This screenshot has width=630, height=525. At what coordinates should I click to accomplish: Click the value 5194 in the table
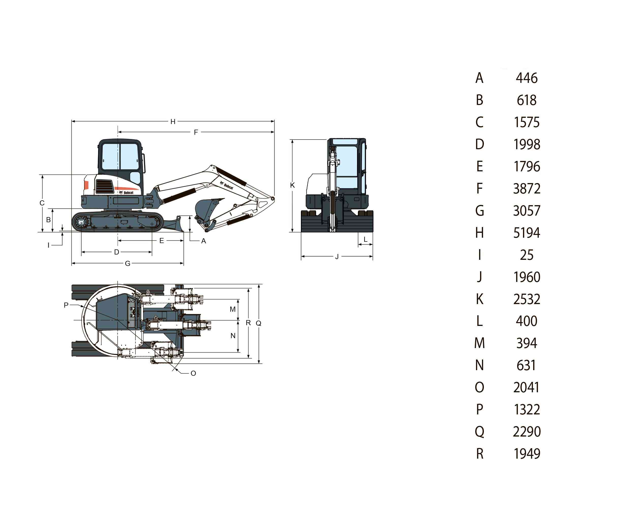[x=527, y=233]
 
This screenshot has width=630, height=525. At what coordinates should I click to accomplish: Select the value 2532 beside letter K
[x=527, y=299]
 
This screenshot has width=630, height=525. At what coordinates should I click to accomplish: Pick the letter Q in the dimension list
[x=479, y=432]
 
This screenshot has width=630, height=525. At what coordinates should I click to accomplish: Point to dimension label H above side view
[x=173, y=122]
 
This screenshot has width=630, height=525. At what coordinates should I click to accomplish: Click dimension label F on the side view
[x=196, y=132]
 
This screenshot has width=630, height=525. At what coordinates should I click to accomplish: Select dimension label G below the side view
[x=128, y=264]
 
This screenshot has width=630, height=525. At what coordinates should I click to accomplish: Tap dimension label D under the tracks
[x=117, y=252]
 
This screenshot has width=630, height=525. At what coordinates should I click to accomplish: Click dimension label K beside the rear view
[x=293, y=185]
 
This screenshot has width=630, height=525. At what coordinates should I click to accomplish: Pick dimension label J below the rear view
[x=337, y=257]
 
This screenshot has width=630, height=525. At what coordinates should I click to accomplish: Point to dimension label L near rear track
[x=365, y=239]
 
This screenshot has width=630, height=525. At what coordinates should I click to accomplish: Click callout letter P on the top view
[x=66, y=305]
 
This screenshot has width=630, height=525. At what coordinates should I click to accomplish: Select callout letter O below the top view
[x=193, y=373]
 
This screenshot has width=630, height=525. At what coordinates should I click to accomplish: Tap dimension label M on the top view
[x=233, y=309]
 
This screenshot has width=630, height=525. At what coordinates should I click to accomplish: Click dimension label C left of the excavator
[x=42, y=203]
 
